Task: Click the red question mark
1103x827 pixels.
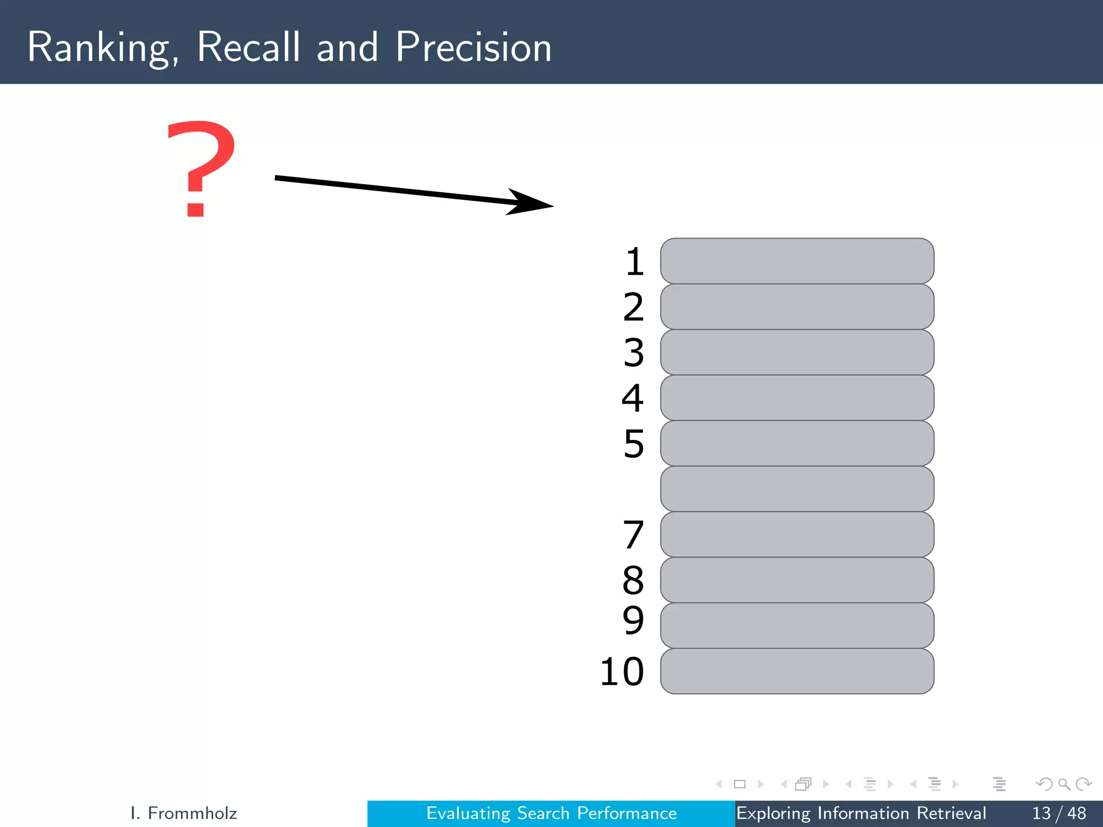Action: point(201,168)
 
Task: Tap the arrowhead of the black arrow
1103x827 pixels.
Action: point(530,202)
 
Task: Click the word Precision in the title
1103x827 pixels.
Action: point(473,47)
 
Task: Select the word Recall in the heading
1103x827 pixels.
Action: point(248,47)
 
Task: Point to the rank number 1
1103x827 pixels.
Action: point(634,262)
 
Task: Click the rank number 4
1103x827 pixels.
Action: point(633,398)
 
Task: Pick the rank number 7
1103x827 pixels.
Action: point(633,535)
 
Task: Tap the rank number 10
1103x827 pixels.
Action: point(622,671)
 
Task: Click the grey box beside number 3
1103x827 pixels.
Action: point(797,352)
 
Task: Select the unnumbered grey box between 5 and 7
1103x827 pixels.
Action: point(797,489)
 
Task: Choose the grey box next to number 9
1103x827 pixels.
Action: point(797,626)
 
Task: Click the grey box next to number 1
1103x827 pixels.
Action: point(797,261)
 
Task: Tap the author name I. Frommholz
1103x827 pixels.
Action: point(184,813)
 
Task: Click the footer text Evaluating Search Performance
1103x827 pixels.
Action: point(551,813)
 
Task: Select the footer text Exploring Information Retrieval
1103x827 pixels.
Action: point(861,813)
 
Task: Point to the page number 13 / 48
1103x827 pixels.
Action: point(1059,813)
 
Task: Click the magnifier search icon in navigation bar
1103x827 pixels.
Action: point(1064,784)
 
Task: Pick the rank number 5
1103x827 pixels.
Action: point(634,444)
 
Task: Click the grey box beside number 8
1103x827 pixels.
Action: point(797,580)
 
